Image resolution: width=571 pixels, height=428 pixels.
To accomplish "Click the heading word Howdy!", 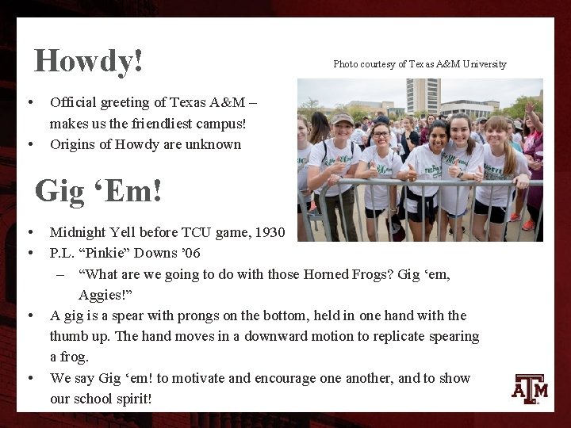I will pos(89,61).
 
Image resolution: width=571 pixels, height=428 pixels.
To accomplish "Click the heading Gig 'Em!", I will pos(98,191).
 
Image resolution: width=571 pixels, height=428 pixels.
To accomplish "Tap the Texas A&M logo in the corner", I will pos(530,388).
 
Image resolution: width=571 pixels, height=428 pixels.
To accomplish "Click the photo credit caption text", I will pos(420,64).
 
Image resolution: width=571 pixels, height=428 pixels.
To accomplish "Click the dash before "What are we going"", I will pos(60,274).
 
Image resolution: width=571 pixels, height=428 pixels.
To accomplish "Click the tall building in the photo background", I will pos(423,95).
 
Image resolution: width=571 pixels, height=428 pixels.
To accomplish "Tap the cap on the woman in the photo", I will pos(343,118).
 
